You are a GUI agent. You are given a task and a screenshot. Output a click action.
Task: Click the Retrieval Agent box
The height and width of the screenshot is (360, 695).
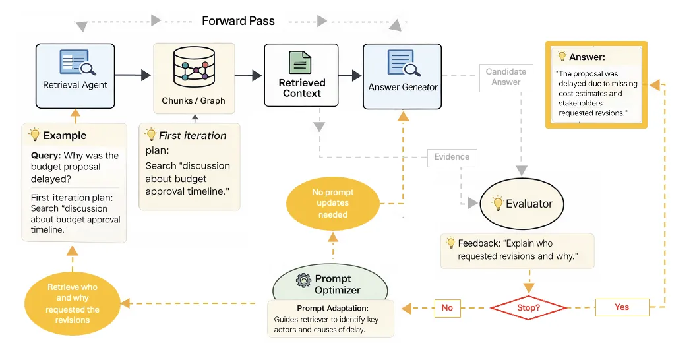pos(75,76)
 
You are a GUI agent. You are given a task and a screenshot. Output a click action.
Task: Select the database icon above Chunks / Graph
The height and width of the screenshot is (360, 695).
pos(194,67)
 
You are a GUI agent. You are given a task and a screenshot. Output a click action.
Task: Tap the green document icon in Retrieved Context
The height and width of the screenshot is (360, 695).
pos(300,62)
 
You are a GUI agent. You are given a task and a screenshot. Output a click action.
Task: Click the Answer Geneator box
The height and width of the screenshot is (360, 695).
pos(402,76)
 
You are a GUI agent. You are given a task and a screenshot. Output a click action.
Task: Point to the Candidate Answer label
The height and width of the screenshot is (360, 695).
pos(506,77)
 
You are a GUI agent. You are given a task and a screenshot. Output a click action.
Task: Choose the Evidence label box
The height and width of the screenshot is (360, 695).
pos(452,158)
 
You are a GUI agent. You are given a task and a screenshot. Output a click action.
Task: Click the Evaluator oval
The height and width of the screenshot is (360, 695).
pos(522,204)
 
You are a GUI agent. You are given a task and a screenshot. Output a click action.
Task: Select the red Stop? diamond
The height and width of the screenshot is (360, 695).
pos(528,308)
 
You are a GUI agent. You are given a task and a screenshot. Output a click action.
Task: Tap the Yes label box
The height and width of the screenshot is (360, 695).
pos(622,307)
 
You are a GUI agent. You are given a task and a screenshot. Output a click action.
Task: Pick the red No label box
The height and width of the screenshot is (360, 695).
pos(447,308)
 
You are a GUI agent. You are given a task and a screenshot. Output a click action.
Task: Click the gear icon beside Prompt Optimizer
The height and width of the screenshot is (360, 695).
pos(303,280)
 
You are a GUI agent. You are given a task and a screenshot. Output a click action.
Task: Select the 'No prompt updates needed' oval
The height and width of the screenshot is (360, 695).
pos(333,203)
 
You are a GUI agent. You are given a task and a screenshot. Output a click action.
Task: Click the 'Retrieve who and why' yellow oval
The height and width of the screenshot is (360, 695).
pos(73,304)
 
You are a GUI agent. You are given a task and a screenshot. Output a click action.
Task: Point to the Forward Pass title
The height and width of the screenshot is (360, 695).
pos(239,21)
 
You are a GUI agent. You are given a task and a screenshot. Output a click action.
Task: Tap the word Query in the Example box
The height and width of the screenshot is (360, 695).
pos(45,156)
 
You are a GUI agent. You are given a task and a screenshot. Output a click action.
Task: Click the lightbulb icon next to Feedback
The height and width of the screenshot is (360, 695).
pos(451,243)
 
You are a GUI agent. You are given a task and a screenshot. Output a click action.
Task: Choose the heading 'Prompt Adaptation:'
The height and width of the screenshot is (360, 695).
pos(333,308)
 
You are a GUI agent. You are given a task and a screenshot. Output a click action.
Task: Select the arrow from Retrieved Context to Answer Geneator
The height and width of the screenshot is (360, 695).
pos(350,75)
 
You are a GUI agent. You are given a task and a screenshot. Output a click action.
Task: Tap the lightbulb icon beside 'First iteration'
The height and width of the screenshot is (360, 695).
pos(151,135)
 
